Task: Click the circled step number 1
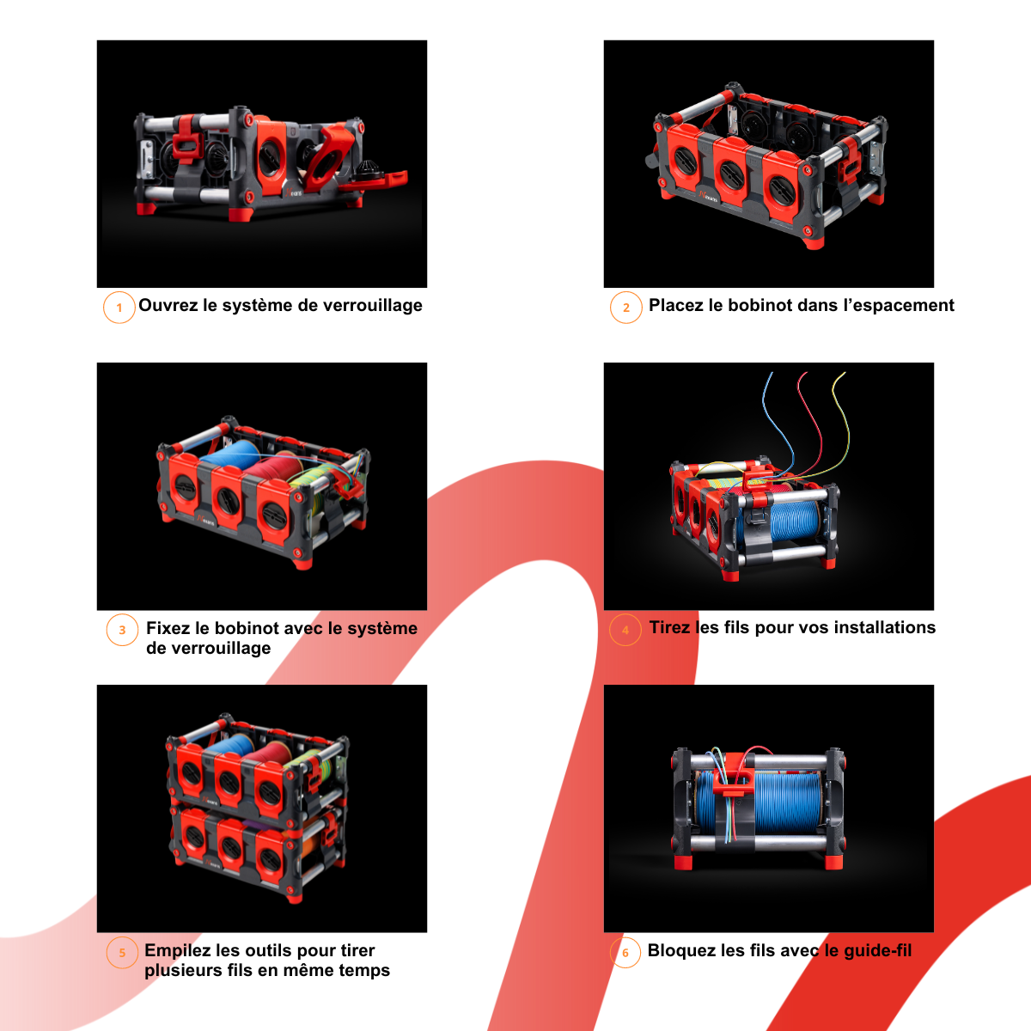[119, 308]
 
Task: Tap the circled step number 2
[626, 308]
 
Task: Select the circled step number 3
[122, 630]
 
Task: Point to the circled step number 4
[625, 630]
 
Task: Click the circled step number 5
[122, 952]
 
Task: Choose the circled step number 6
[625, 952]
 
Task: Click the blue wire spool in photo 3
[230, 454]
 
